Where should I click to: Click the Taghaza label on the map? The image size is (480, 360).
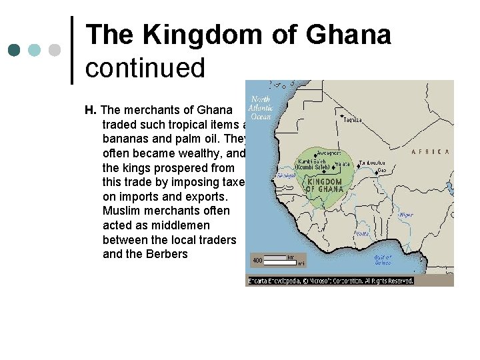coord(353,120)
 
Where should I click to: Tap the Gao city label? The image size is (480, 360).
coord(381,170)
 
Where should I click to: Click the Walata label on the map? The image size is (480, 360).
coord(341,163)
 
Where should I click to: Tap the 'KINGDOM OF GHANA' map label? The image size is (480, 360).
coord(323,185)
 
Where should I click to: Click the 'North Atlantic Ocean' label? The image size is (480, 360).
coord(260,108)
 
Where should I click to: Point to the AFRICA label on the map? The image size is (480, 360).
coord(429,152)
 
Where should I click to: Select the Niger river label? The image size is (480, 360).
coord(405,215)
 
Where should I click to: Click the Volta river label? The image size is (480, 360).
coord(363,234)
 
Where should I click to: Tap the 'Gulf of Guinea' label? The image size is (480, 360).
coord(383,259)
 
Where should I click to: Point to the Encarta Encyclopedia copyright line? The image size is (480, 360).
coord(331,281)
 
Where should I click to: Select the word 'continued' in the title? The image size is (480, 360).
coord(145,67)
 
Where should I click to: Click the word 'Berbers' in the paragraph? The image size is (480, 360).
coord(167,254)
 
